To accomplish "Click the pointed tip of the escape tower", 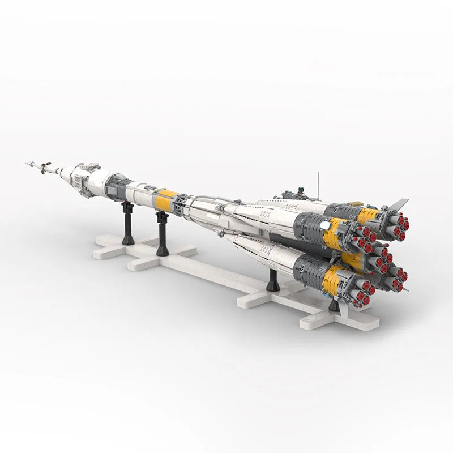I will click(27, 164).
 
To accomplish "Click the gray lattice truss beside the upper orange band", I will click(181, 204).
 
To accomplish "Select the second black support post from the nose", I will click(163, 233).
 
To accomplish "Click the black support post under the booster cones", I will click(273, 280).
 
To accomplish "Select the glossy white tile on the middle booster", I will click(325, 225).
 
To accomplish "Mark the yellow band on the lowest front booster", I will click(332, 281).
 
